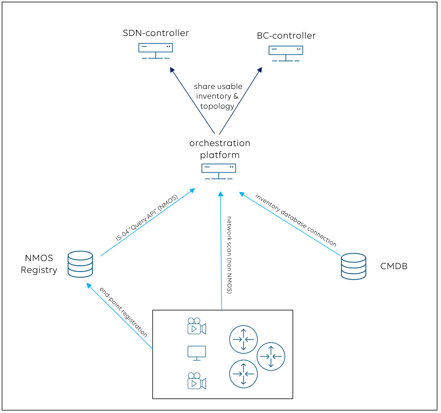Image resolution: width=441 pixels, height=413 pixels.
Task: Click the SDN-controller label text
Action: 156,33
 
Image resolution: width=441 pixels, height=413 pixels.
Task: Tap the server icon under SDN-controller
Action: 156,51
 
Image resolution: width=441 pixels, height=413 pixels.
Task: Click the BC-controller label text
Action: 286,36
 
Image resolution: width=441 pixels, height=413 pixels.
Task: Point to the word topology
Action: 217,106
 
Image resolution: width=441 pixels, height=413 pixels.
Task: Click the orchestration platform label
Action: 220,149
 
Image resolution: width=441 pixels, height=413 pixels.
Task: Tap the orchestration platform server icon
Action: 218,171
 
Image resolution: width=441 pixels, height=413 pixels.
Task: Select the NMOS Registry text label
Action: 39,264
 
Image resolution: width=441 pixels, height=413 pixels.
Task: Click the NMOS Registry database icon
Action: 80,264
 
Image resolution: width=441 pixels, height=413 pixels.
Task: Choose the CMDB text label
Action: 394,266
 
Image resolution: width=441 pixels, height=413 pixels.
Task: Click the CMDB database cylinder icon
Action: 353,266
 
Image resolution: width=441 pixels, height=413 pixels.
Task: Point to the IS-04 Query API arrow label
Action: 147,218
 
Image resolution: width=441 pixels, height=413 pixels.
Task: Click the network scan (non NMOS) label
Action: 230,255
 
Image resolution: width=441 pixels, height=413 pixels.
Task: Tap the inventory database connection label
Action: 296,220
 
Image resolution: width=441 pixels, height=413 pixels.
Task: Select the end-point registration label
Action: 124,312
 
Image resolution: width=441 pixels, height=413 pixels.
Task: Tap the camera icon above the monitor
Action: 197,326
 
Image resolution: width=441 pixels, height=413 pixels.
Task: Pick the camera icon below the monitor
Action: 197,381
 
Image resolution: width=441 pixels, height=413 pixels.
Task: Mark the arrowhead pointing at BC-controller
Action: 260,70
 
